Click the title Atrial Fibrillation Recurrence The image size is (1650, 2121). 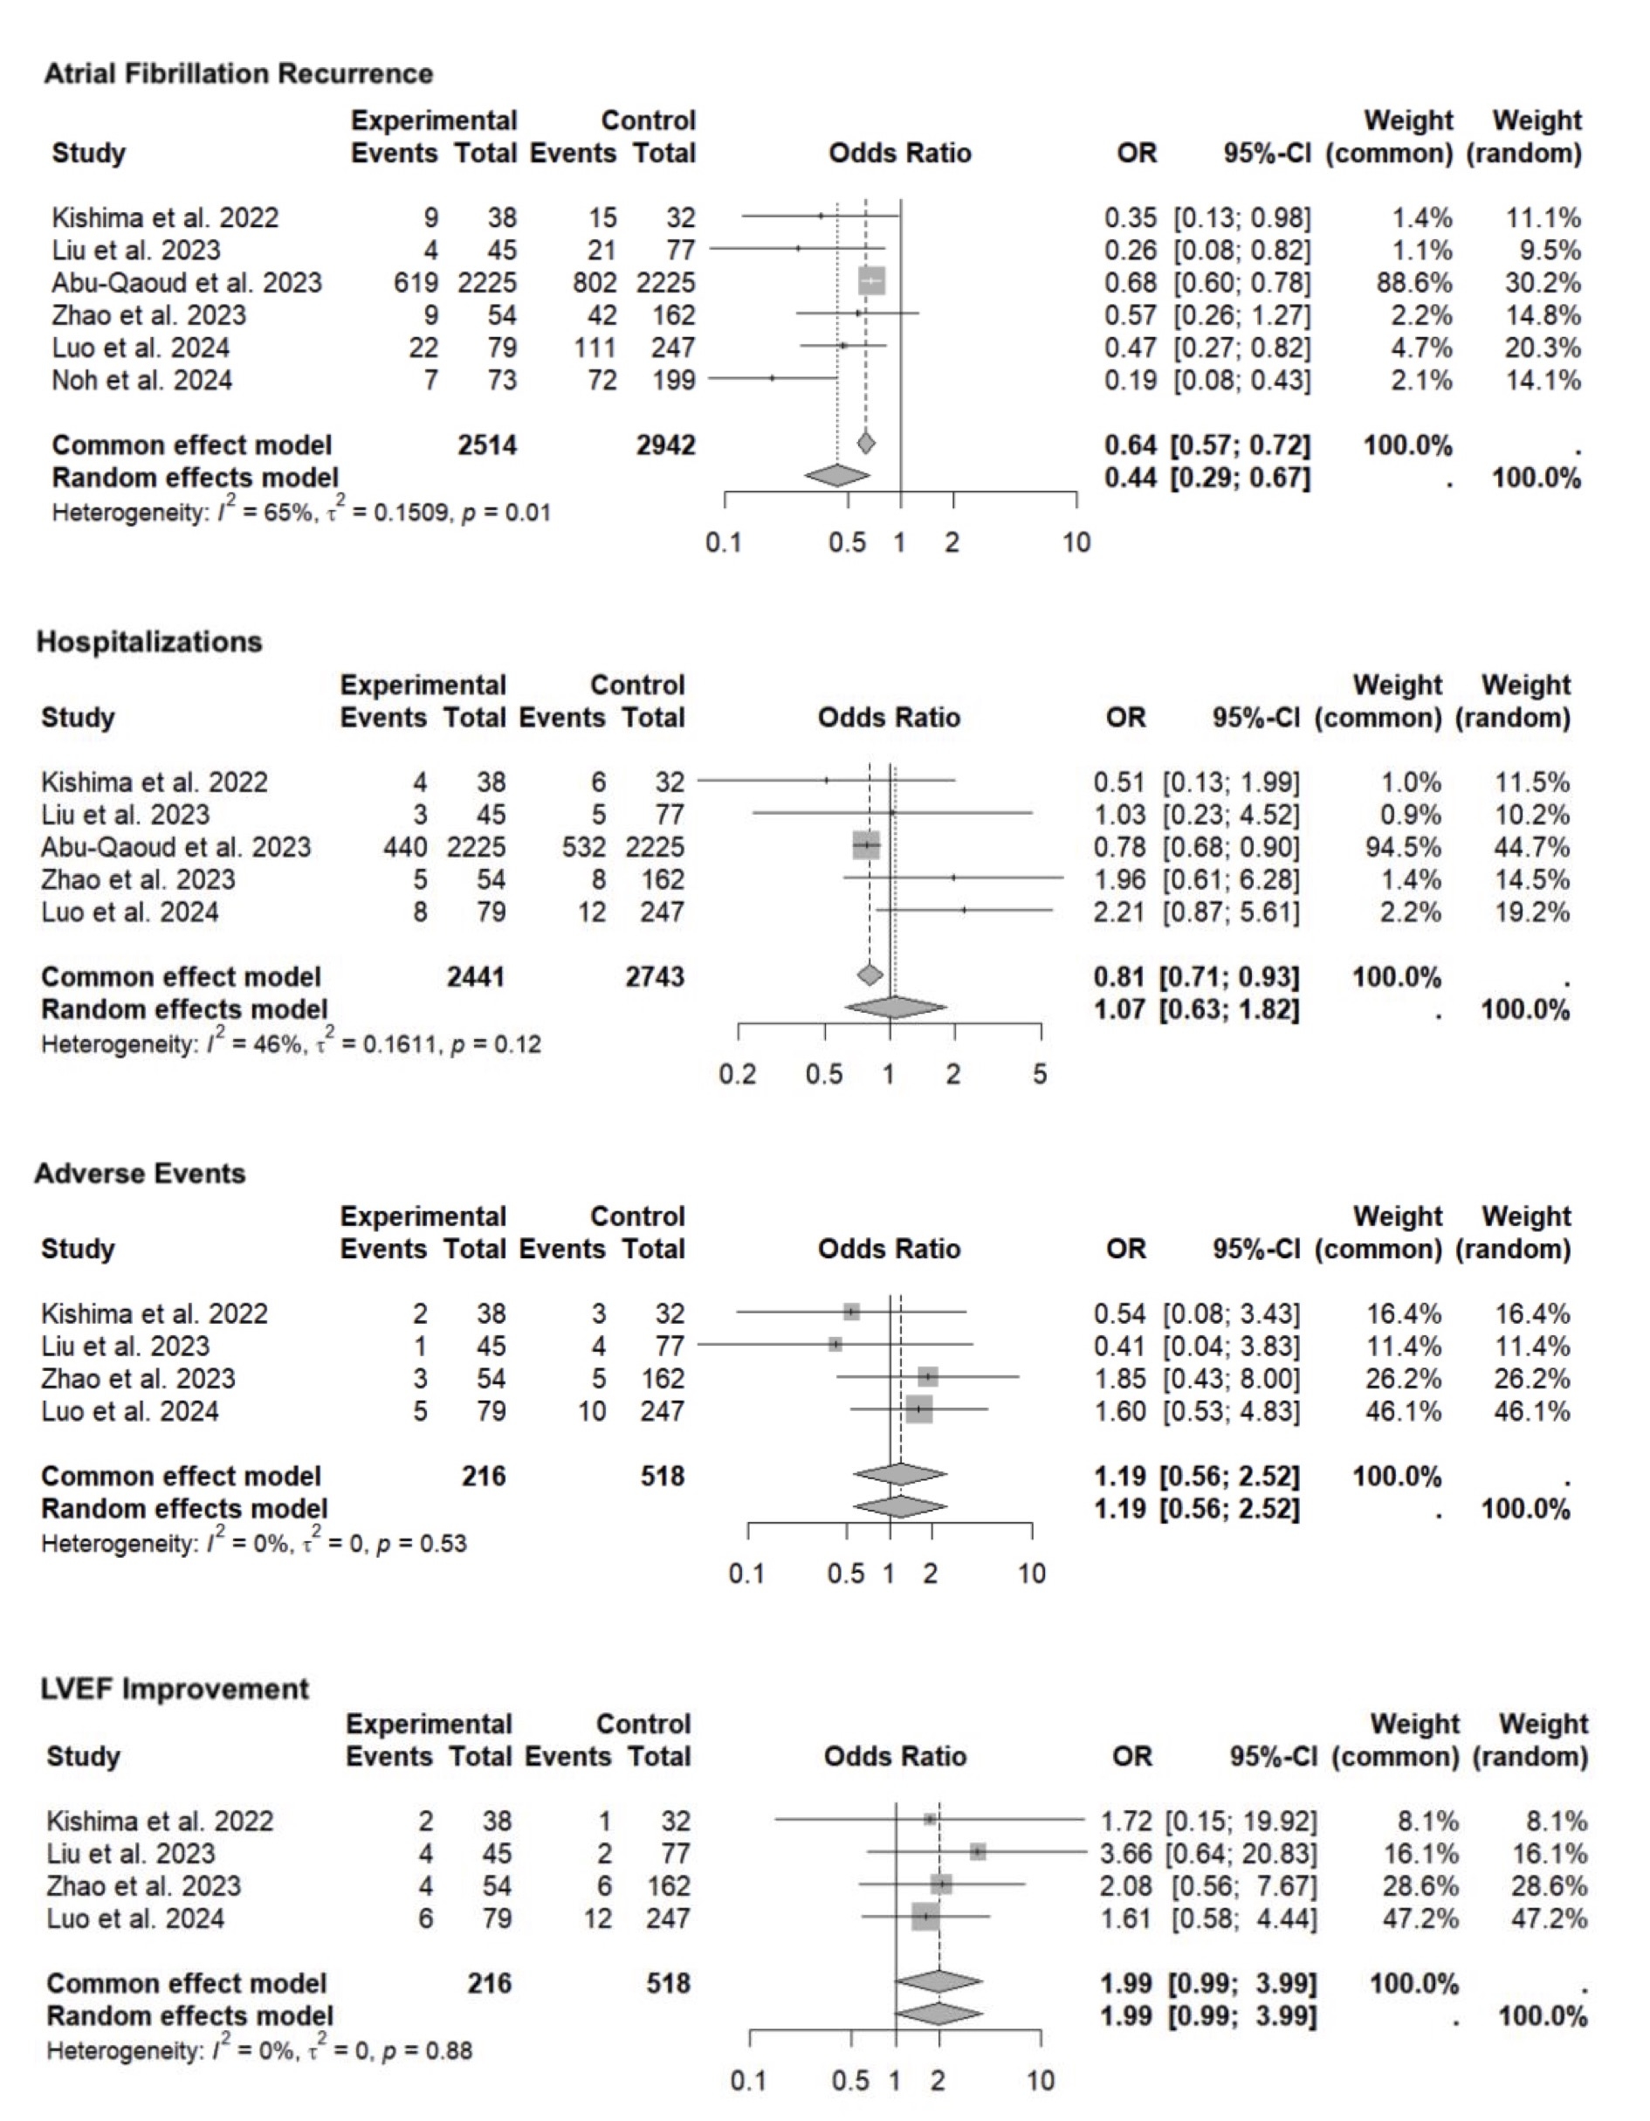[238, 74]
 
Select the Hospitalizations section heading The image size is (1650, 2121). [149, 642]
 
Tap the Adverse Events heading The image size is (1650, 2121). [140, 1174]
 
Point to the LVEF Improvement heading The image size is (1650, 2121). [175, 1689]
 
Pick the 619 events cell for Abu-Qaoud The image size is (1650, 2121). [415, 283]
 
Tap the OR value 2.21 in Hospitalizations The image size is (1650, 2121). [1119, 912]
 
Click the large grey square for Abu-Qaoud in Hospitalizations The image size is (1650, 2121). [865, 846]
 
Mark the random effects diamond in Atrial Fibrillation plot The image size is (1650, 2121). [837, 476]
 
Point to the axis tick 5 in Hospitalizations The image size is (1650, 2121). [1040, 1074]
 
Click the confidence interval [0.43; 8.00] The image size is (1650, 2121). [1232, 1378]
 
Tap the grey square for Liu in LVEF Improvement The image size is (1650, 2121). [977, 1852]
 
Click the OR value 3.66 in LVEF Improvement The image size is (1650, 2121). [1125, 1853]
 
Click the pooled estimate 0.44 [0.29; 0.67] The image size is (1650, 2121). [1207, 478]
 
